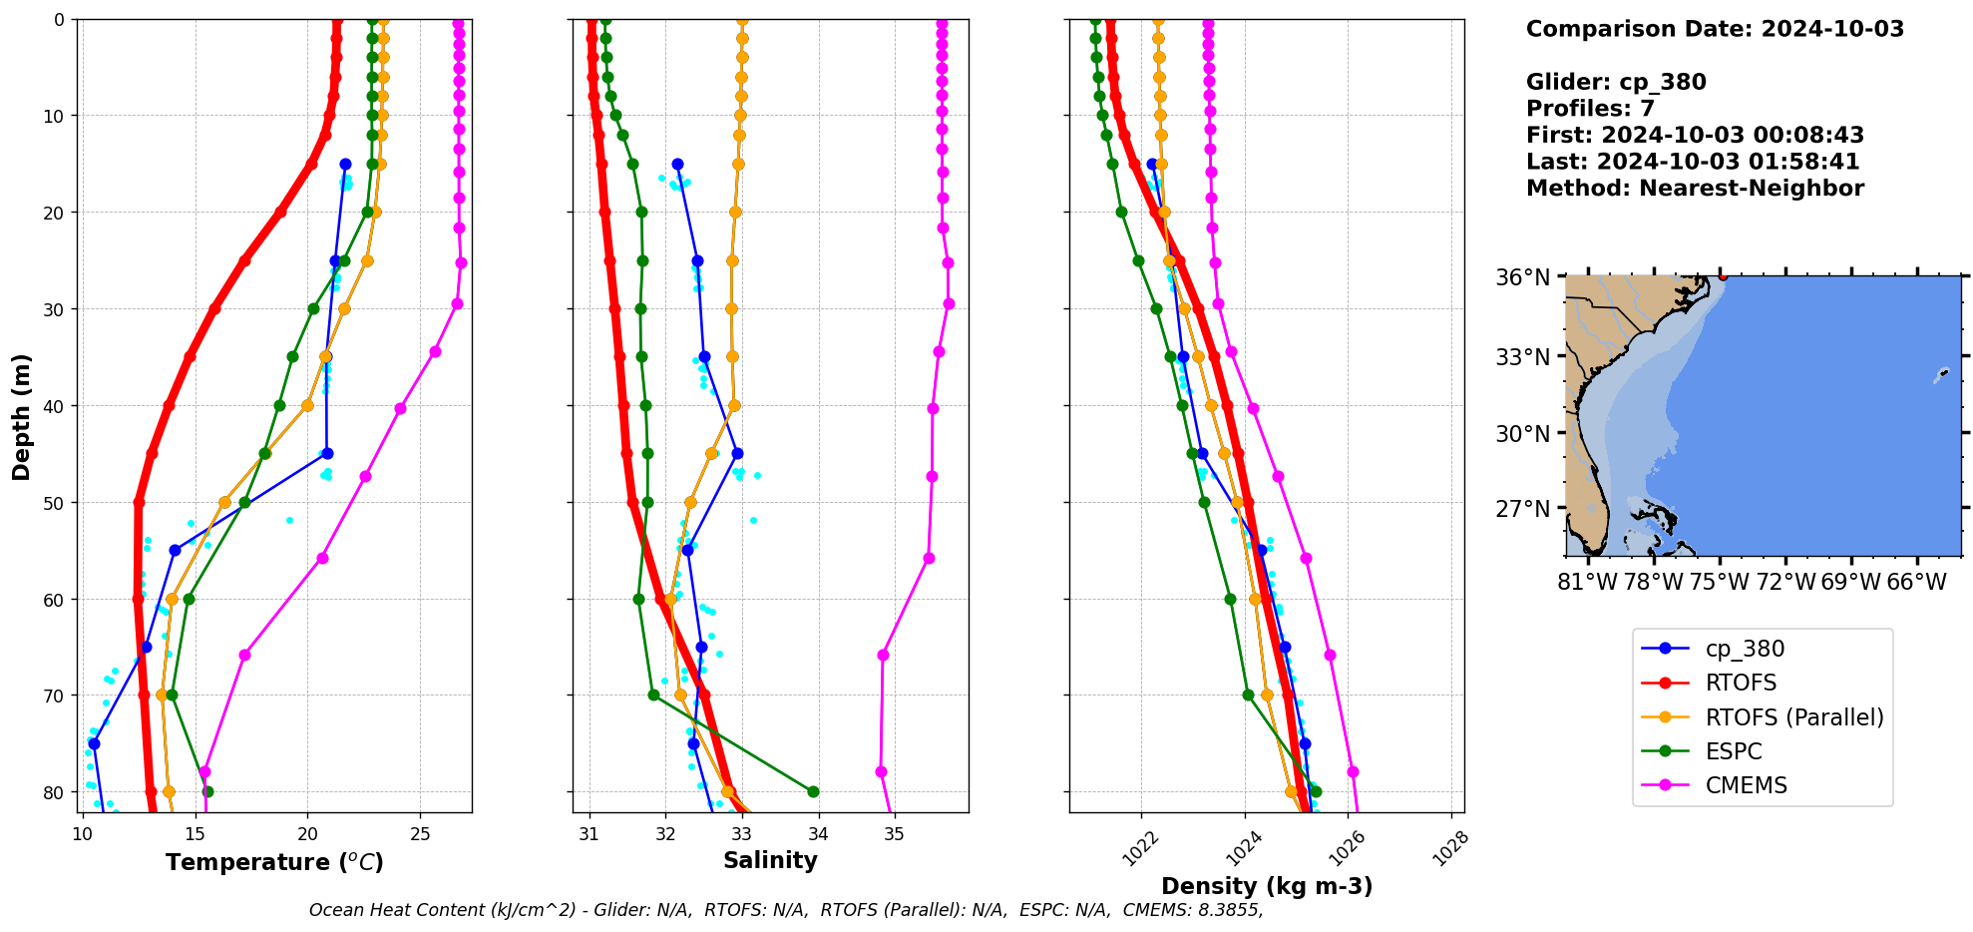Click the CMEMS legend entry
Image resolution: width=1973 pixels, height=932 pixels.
(x=1746, y=785)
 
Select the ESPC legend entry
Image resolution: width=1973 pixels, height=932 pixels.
(x=1734, y=751)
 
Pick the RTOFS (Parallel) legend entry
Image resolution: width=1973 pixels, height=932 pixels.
(x=1793, y=717)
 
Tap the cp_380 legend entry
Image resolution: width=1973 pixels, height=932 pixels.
(x=1745, y=649)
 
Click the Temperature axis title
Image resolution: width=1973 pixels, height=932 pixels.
(x=274, y=862)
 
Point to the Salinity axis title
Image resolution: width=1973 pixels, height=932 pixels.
(x=770, y=860)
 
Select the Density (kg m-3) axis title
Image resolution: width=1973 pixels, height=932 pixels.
(x=1267, y=886)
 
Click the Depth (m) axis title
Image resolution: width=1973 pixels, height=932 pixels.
(x=22, y=416)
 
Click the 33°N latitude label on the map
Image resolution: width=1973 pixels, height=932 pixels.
(x=1522, y=356)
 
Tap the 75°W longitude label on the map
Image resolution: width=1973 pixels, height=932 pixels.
(x=1720, y=582)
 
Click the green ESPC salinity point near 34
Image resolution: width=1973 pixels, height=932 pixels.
(x=813, y=791)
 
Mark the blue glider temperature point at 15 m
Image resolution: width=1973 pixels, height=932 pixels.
(x=345, y=164)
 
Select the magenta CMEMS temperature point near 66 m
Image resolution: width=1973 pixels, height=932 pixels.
(x=244, y=655)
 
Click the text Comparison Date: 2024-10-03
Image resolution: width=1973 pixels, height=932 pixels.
(x=1715, y=29)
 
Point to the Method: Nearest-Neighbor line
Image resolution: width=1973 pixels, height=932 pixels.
(x=1695, y=188)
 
